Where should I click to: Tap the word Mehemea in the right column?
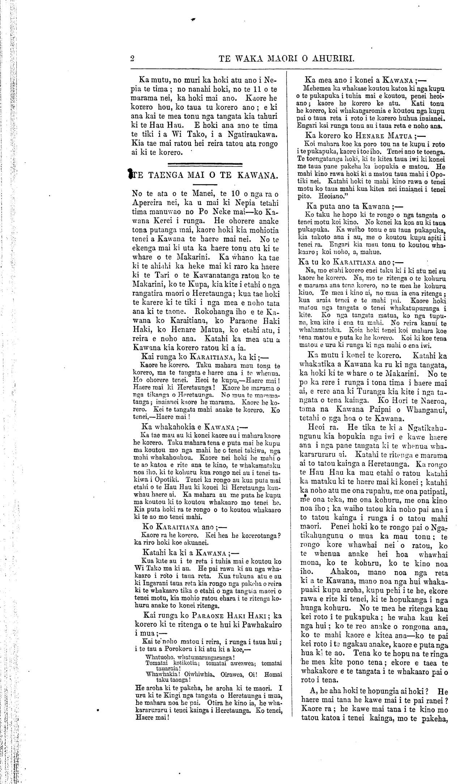point(317,88)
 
